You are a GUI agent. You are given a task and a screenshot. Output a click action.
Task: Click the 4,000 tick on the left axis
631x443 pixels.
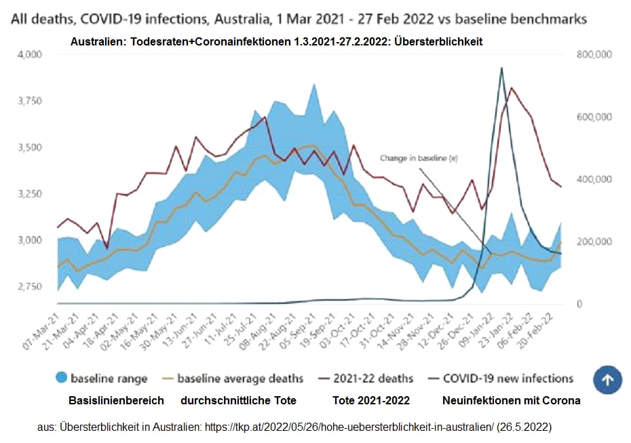coord(28,54)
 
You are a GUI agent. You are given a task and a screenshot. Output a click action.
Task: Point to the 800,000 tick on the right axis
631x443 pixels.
coord(594,54)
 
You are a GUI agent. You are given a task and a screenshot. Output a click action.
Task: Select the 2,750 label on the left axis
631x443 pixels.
coord(28,286)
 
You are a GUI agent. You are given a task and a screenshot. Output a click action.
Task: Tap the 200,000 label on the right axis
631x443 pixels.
coord(594,242)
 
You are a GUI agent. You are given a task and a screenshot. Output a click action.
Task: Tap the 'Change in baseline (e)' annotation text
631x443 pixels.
coord(419,158)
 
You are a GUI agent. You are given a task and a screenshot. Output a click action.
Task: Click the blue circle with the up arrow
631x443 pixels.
coord(607,380)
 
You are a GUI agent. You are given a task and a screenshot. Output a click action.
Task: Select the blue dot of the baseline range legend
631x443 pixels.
coord(61,379)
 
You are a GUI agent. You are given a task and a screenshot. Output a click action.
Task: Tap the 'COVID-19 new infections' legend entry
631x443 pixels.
coord(508,379)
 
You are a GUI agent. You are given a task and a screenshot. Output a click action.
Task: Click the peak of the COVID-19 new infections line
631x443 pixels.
coord(501,68)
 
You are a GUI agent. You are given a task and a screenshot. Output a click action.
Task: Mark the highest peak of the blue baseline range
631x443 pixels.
coord(313,84)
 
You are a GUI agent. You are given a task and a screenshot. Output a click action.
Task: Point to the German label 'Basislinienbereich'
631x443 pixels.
coord(116,400)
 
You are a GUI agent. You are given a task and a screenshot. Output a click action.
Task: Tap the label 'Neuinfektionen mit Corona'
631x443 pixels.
coord(511,400)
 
